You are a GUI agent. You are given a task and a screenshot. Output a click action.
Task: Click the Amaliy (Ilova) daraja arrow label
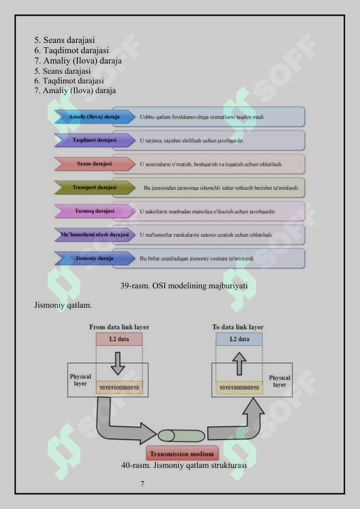95,117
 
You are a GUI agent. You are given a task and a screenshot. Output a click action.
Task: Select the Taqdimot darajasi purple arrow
95,140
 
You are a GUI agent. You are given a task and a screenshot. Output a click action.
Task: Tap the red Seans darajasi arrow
95,164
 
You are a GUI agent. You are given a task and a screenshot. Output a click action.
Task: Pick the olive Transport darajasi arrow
95,187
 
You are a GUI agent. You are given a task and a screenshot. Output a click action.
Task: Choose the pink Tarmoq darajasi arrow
95,211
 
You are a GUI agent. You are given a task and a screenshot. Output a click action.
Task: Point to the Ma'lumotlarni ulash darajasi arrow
95,235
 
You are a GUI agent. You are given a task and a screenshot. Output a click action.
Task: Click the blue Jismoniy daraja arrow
95,258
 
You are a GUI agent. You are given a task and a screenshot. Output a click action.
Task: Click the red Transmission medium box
182,453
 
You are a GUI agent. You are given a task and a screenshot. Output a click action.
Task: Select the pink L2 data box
119,339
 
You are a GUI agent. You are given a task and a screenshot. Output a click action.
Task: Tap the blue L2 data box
239,339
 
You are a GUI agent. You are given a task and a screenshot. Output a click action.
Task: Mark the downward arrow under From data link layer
118,363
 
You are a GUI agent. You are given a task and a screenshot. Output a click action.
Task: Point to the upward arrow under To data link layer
239,363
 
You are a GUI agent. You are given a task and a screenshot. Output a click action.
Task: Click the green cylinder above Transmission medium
181,436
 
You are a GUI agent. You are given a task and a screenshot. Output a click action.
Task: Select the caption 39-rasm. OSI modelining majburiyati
184,286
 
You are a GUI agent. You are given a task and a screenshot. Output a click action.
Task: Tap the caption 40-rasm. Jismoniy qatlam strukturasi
184,465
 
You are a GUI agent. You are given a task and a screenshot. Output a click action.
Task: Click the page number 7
143,484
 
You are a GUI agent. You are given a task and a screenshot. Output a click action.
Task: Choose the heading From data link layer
120,327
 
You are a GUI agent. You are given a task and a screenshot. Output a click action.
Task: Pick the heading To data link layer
238,327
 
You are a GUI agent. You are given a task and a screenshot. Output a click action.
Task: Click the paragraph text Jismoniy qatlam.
63,305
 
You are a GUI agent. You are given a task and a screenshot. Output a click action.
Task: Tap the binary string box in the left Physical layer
120,387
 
